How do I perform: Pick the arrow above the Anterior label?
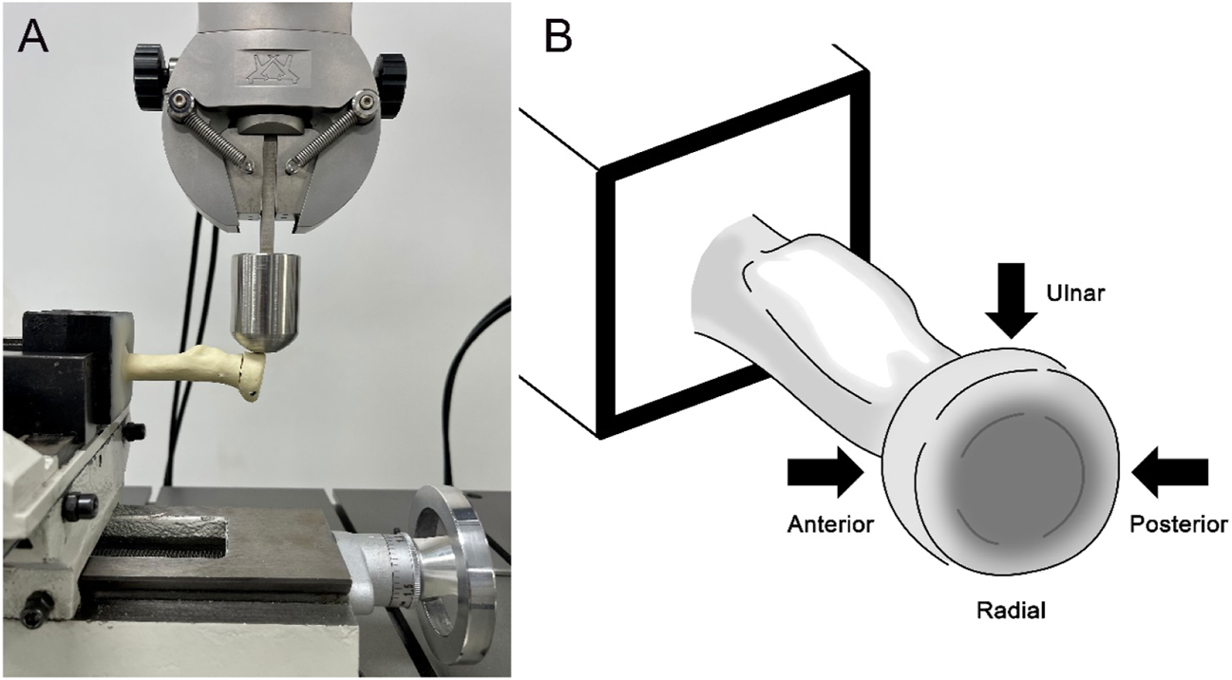pos(824,473)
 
